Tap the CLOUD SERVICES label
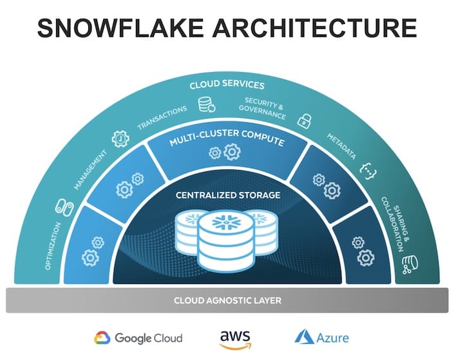(227, 84)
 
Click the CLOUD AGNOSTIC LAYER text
(227, 301)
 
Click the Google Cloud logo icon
(102, 337)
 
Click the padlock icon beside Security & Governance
(302, 120)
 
